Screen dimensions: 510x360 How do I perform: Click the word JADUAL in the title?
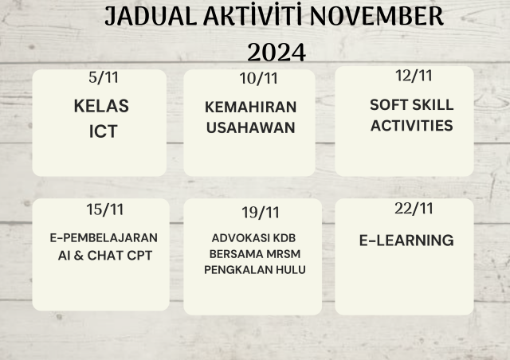point(151,17)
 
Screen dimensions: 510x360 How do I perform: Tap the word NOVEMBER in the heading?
point(377,16)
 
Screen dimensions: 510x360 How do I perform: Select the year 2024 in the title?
point(277,53)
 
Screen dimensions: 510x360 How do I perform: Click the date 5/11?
point(104,78)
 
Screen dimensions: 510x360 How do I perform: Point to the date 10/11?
point(258,78)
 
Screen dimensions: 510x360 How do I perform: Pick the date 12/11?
point(414,76)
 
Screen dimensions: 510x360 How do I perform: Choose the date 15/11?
point(104,209)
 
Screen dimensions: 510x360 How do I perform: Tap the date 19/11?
point(261,213)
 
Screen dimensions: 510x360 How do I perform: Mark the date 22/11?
point(414,209)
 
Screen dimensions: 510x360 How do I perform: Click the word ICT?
point(103,131)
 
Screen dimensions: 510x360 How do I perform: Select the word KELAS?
point(101,106)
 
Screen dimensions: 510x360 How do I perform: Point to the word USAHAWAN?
point(251,127)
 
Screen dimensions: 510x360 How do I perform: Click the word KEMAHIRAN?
point(251,107)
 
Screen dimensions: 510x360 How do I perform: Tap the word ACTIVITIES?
point(412,126)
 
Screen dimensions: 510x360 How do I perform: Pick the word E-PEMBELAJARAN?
point(104,238)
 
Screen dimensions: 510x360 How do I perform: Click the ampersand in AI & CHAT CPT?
point(79,256)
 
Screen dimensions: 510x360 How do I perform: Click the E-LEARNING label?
point(406,241)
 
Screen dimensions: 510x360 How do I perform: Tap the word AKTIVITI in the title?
point(253,16)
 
